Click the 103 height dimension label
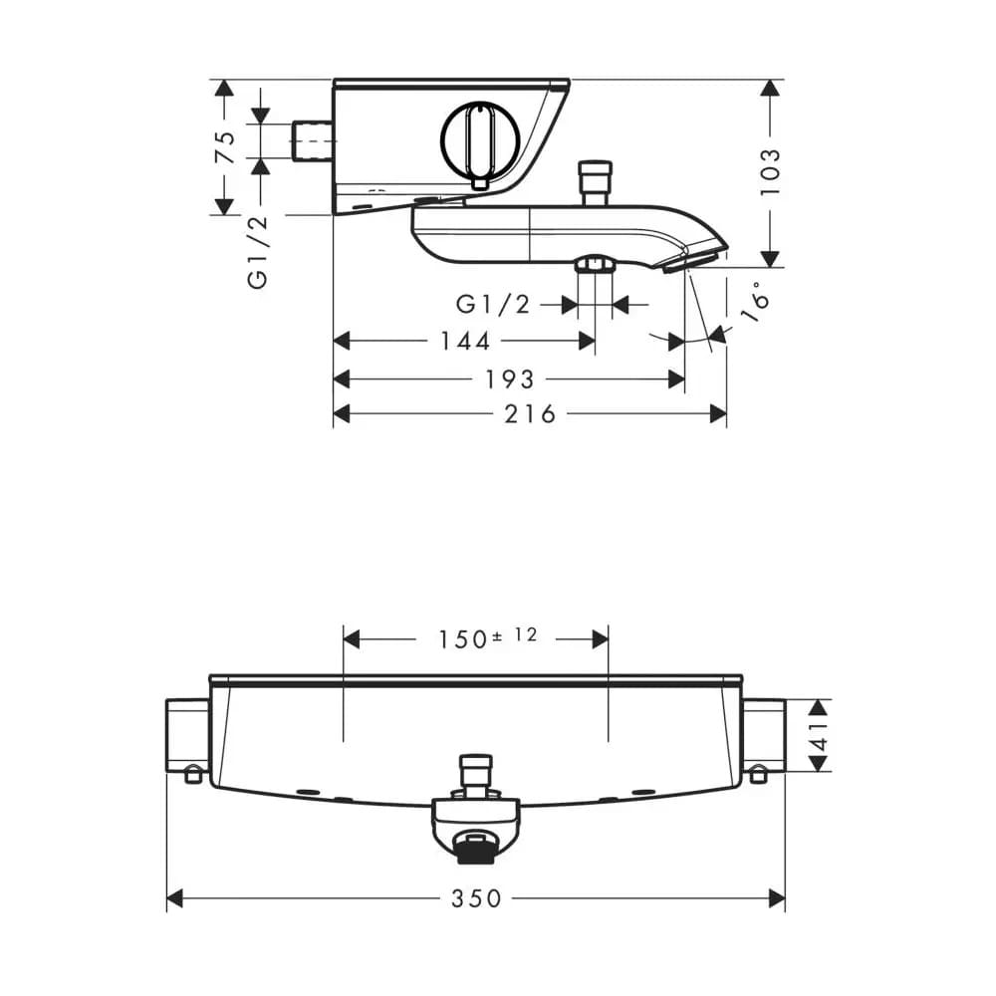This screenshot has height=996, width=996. (x=770, y=172)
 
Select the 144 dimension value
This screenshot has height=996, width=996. (x=465, y=341)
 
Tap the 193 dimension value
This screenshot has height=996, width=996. (x=510, y=379)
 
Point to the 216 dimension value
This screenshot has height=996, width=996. (x=531, y=414)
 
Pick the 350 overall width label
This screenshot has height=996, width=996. (x=476, y=898)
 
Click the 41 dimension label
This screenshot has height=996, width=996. (x=820, y=735)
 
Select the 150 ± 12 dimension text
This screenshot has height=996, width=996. (x=488, y=637)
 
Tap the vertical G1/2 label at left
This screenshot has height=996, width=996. (x=257, y=252)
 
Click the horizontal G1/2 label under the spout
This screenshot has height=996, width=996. (x=493, y=304)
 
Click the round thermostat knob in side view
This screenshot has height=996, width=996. (x=481, y=141)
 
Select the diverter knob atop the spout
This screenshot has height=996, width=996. (x=595, y=183)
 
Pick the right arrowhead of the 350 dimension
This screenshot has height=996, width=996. (x=777, y=898)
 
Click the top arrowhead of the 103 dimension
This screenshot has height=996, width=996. (x=770, y=89)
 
